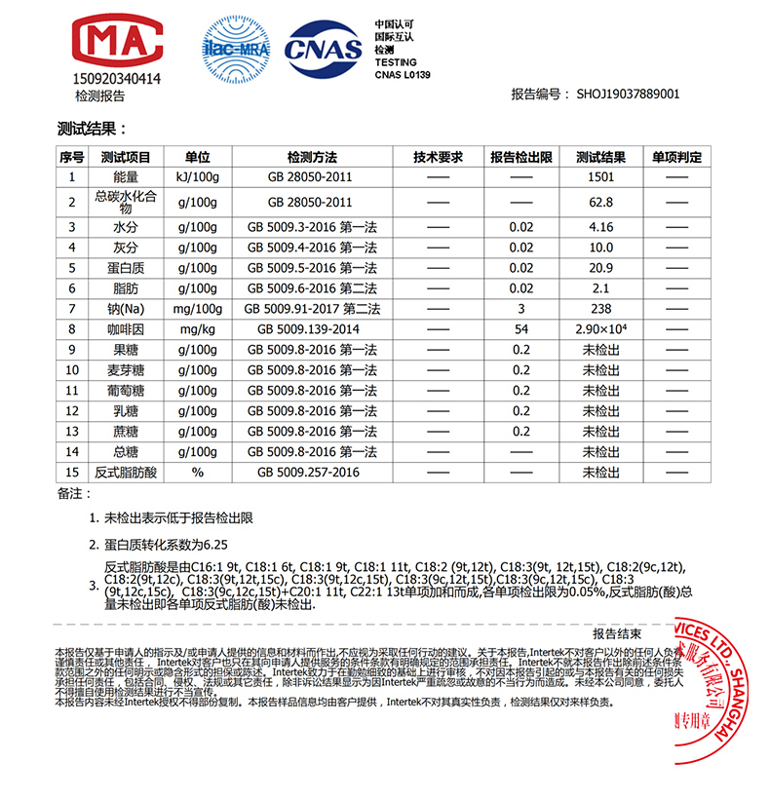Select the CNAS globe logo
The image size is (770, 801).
click(x=321, y=47)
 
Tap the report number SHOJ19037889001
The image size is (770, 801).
click(x=628, y=95)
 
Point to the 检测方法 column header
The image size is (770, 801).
click(x=311, y=157)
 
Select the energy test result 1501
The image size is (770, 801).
click(x=600, y=177)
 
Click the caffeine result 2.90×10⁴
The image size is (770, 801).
click(x=600, y=329)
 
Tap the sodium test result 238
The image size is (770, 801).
click(x=600, y=309)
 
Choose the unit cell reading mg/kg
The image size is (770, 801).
click(x=198, y=329)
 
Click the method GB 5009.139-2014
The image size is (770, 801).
click(x=311, y=329)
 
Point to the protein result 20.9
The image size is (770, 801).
click(x=600, y=268)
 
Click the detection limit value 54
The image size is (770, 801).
click(x=521, y=329)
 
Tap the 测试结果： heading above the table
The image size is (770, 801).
click(x=93, y=129)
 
